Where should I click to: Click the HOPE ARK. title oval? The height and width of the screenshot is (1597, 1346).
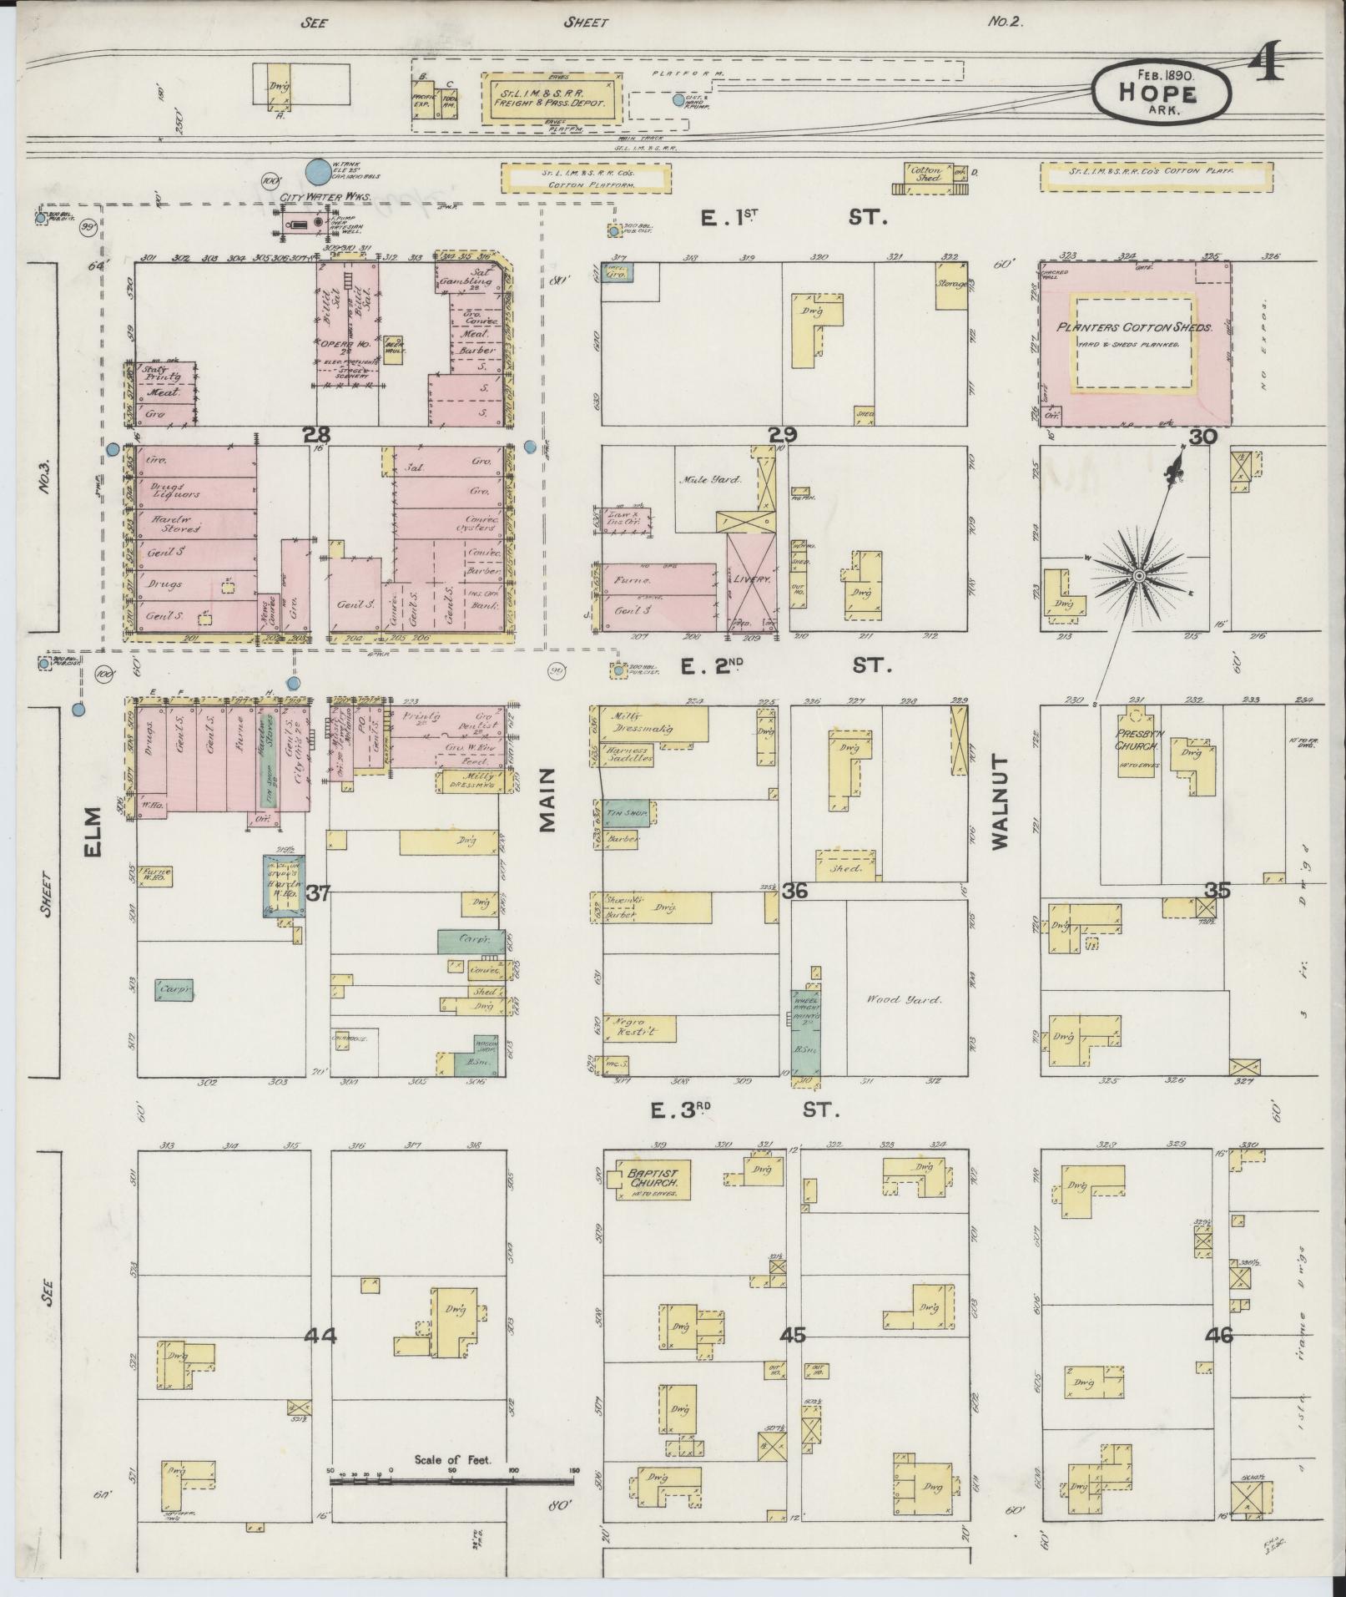pyautogui.click(x=1161, y=93)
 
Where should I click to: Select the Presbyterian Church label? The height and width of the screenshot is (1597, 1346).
pyautogui.click(x=1136, y=740)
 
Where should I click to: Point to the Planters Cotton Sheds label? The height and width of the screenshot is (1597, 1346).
pyautogui.click(x=1133, y=328)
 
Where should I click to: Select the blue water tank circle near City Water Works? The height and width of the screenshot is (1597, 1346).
pyautogui.click(x=316, y=172)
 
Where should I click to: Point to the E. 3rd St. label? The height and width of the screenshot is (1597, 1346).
pyautogui.click(x=748, y=1109)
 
